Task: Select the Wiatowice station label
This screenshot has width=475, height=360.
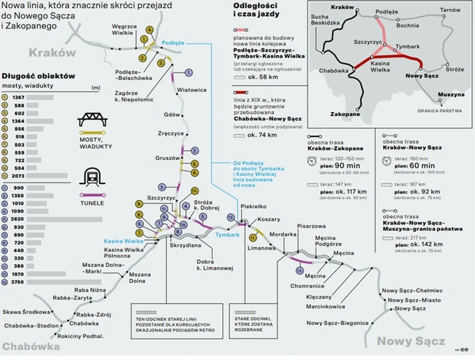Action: pos(192,90)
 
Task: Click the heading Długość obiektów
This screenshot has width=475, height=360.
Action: pos(38,76)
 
